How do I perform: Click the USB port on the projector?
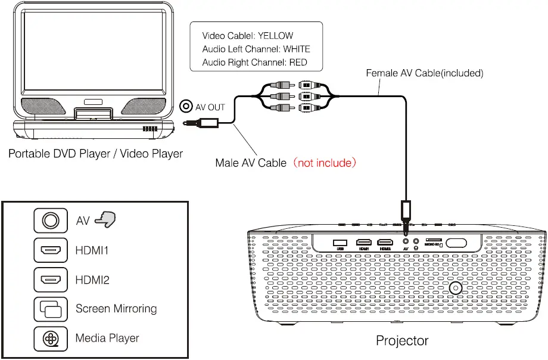click(341, 242)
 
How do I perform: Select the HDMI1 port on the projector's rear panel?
click(363, 242)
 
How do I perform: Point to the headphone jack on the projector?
click(416, 242)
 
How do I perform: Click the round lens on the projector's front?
click(456, 288)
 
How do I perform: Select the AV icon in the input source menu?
click(51, 221)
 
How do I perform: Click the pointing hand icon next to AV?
click(105, 220)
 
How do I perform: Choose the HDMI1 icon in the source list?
click(51, 250)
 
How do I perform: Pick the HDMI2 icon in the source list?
click(51, 280)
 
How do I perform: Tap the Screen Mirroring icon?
click(51, 309)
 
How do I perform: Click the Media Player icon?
click(51, 338)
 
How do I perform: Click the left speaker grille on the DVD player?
click(43, 106)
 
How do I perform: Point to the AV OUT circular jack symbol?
click(186, 107)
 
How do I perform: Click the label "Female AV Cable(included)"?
click(424, 73)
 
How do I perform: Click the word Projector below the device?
click(401, 341)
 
